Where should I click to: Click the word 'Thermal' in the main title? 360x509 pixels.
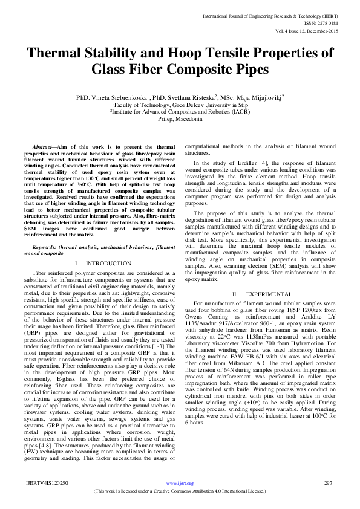point(63,53)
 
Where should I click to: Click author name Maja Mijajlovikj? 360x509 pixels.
point(258,97)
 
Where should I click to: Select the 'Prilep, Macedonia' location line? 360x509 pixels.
point(180,119)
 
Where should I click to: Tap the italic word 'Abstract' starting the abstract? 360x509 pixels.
point(43,148)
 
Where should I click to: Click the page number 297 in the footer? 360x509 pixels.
point(329,483)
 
